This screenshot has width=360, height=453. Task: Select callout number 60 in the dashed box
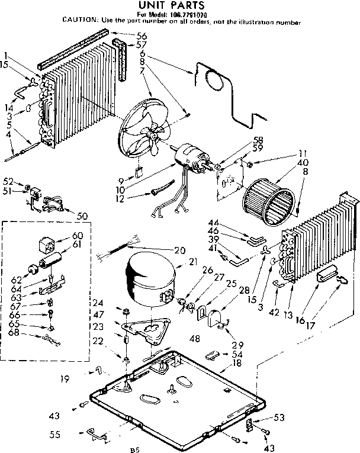pos(77,236)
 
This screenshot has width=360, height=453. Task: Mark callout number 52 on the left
pos(8,181)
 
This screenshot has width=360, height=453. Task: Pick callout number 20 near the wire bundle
pos(180,249)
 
